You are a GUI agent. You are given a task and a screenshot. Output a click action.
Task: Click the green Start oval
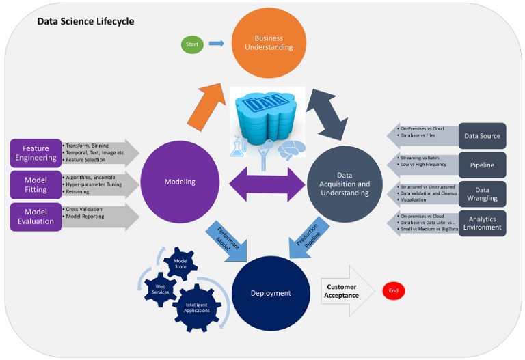pos(192,44)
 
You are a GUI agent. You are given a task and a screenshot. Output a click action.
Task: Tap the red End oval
pos(393,291)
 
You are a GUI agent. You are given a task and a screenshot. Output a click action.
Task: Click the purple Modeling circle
pos(180,182)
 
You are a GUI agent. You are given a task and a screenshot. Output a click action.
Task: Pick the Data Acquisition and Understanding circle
pos(345,184)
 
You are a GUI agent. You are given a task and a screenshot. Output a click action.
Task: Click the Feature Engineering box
pos(36,153)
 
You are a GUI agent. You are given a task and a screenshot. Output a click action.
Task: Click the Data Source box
pos(482,136)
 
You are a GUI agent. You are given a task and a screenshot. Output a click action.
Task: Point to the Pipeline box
pos(482,165)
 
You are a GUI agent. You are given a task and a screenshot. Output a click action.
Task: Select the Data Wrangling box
pos(482,194)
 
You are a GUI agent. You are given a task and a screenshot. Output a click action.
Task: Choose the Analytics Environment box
pos(482,223)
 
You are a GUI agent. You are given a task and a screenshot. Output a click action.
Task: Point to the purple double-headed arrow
pos(267,183)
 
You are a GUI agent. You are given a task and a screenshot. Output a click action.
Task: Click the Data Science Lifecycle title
pos(85,21)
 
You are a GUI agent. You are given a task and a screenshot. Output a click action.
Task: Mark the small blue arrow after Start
pos(216,44)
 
